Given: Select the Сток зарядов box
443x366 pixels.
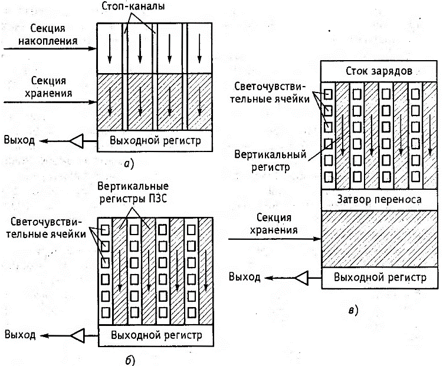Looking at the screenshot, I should click(378, 70).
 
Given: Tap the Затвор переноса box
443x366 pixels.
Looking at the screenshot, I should click(378, 200).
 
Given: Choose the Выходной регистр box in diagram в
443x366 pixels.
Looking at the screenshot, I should click(378, 277).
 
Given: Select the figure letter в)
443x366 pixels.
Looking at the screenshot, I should click(353, 309).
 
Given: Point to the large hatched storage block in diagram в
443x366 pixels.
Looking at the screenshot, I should click(378, 239).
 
